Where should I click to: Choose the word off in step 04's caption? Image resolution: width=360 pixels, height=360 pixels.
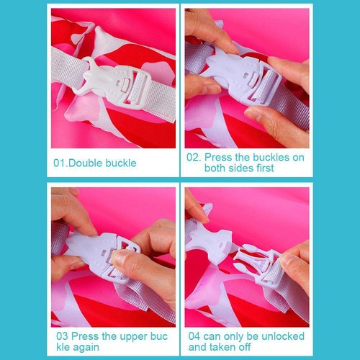(x=245, y=347)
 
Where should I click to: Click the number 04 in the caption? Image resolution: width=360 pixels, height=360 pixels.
(x=194, y=336)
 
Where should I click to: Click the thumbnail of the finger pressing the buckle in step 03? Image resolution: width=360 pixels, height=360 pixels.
(x=120, y=258)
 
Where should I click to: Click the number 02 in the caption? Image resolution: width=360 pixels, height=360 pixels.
(x=193, y=158)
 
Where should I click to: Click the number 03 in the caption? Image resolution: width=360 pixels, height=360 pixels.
(x=63, y=336)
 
